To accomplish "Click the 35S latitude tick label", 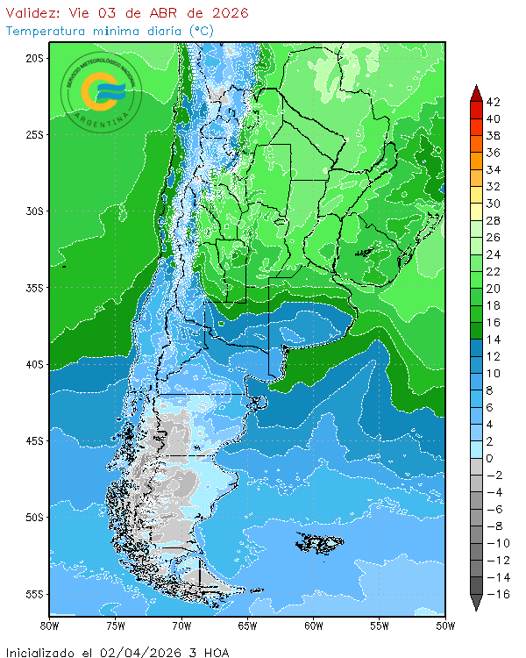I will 34,288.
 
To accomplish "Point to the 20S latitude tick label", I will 34,58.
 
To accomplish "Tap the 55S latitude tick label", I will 34,594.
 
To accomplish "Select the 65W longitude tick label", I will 247,626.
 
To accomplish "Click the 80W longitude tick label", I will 50,626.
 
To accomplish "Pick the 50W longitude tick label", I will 445,626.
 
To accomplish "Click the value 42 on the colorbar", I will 493,102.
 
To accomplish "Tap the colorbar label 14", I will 493,340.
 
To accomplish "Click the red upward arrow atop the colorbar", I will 474,93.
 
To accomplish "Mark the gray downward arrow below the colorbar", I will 474,603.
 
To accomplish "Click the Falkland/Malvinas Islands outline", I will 319,543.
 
